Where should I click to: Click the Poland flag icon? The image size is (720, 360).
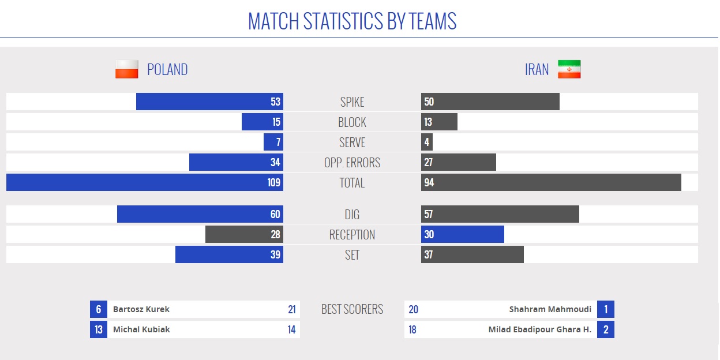(x=127, y=69)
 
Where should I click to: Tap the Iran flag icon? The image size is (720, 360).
(x=569, y=69)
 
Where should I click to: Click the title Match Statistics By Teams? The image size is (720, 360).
(x=352, y=21)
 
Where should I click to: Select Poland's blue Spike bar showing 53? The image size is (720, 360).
(x=209, y=102)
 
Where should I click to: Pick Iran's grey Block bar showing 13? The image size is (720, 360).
(x=439, y=122)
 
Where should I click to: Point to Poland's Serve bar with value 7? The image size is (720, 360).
(x=273, y=142)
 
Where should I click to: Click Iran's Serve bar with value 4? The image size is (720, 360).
(x=427, y=142)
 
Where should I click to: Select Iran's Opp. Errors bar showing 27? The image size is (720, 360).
(x=459, y=162)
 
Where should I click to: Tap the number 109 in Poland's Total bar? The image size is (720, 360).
(x=274, y=182)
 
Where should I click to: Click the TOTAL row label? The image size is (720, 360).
(x=352, y=183)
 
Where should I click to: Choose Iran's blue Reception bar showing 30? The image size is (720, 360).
(x=463, y=234)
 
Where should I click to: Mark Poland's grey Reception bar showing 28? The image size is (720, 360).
(x=244, y=234)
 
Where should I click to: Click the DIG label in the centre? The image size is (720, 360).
(x=352, y=215)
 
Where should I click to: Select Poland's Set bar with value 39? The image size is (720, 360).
(x=229, y=254)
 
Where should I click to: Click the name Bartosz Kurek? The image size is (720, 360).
(x=141, y=309)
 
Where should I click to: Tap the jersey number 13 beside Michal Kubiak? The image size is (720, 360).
(x=99, y=329)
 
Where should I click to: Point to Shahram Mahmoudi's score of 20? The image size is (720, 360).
(x=413, y=309)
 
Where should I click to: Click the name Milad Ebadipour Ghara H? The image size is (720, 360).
(x=540, y=329)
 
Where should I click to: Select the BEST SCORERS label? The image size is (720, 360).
(x=352, y=309)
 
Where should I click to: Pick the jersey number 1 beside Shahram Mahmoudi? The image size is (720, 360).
(x=606, y=309)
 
